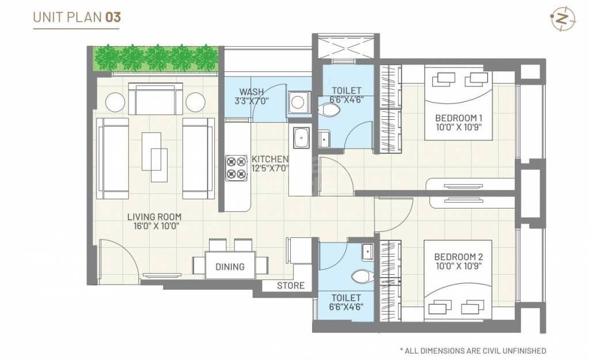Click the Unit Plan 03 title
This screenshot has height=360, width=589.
77,17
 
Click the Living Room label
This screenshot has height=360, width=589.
154,221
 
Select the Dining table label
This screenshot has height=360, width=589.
230,267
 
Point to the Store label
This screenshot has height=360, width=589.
290,286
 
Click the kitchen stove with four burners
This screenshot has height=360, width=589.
236,167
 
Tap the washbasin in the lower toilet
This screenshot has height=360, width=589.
367,252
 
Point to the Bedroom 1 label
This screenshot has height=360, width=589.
458,119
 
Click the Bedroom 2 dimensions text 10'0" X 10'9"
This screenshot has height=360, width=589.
458,266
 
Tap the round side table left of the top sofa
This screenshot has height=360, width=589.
115,102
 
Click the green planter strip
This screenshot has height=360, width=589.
155,58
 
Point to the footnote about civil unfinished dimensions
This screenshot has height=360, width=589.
473,350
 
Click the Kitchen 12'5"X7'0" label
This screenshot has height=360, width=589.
269,164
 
